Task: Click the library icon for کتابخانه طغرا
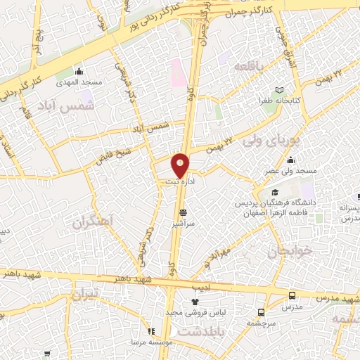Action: coord(280,90)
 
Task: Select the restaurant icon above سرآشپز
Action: coord(184,212)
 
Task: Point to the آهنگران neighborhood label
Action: coord(91,223)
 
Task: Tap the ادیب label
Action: coord(201,288)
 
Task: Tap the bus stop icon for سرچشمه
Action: coord(262,312)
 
